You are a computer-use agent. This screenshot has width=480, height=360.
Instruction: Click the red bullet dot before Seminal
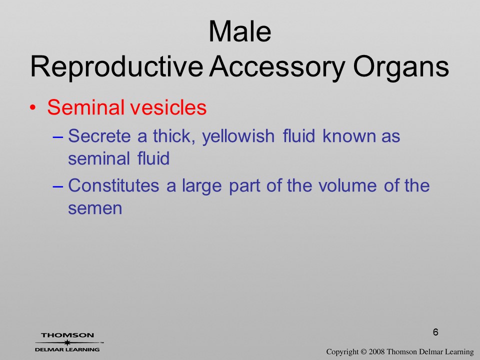pyautogui.click(x=33, y=108)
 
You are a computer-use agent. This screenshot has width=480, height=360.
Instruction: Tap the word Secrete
pyautogui.click(x=99, y=136)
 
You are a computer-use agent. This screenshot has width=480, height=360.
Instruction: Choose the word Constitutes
pyautogui.click(x=113, y=185)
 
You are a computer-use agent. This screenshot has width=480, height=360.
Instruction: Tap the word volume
pyautogui.click(x=347, y=185)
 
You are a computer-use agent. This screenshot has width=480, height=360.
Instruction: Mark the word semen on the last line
pyautogui.click(x=95, y=209)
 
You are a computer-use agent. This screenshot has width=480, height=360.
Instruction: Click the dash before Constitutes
pyautogui.click(x=58, y=186)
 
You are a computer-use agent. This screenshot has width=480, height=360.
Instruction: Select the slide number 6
pyautogui.click(x=435, y=332)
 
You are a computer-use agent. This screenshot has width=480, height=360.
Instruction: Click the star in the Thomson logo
pyautogui.click(x=67, y=342)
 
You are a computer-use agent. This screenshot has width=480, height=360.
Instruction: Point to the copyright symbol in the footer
pyautogui.click(x=363, y=352)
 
